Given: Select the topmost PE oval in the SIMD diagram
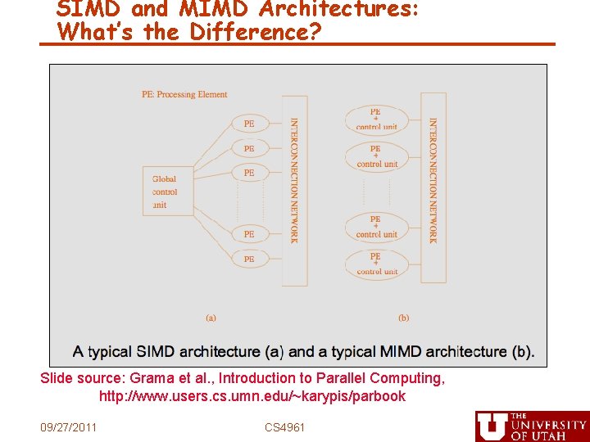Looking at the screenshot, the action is point(249,124).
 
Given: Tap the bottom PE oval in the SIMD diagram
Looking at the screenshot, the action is point(249,259).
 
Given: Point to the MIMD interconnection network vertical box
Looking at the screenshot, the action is point(433,187).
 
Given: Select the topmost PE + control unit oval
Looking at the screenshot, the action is point(376,120).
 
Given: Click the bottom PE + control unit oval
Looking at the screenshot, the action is point(376,263).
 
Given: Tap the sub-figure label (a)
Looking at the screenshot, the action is point(211,318).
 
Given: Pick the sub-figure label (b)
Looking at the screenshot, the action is point(403,318).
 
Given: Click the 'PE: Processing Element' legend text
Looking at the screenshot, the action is point(184,94).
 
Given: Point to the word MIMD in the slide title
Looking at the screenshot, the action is point(215,8).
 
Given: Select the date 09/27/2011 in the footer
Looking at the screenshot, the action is point(69,427).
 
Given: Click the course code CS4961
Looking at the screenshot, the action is point(284,427).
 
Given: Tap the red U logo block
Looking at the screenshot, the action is point(491,426).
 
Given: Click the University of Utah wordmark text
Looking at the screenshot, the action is point(547,426).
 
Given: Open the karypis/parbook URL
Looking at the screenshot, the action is point(252,396).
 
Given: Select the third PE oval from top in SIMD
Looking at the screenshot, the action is point(249,173).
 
